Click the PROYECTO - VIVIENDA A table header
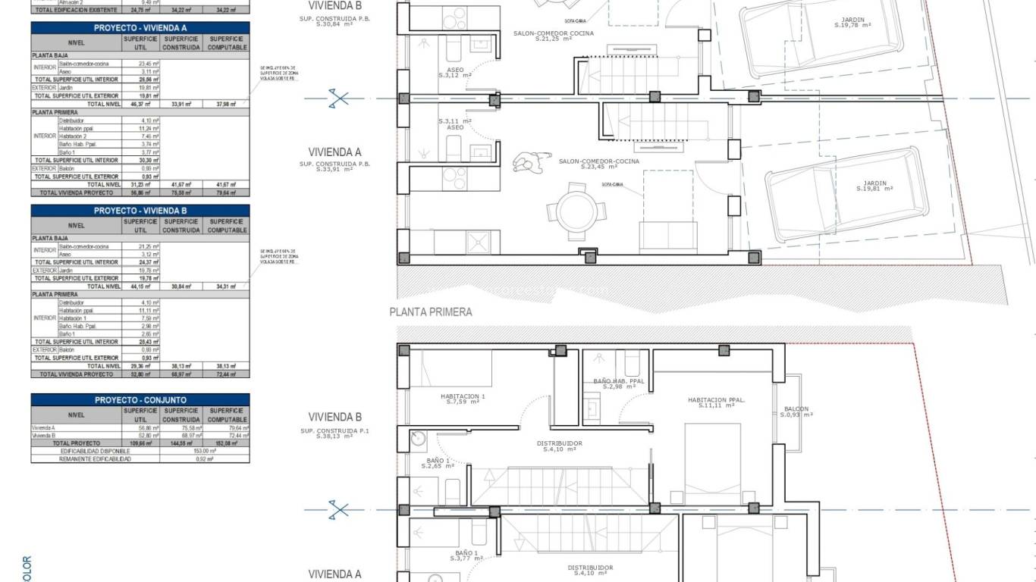[x=140, y=27]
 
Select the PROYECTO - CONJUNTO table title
[x=140, y=399]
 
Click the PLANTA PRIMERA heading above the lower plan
[x=431, y=311]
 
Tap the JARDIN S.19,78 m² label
[x=852, y=23]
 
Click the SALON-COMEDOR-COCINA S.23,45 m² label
[x=598, y=164]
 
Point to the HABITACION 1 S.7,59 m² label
[x=462, y=399]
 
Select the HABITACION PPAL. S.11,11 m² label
[x=716, y=402]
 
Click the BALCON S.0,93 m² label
[x=796, y=411]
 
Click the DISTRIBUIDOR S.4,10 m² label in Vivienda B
[x=560, y=446]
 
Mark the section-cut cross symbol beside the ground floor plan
[x=339, y=98]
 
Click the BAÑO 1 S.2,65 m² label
[x=437, y=464]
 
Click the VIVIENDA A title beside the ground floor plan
[x=334, y=152]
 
